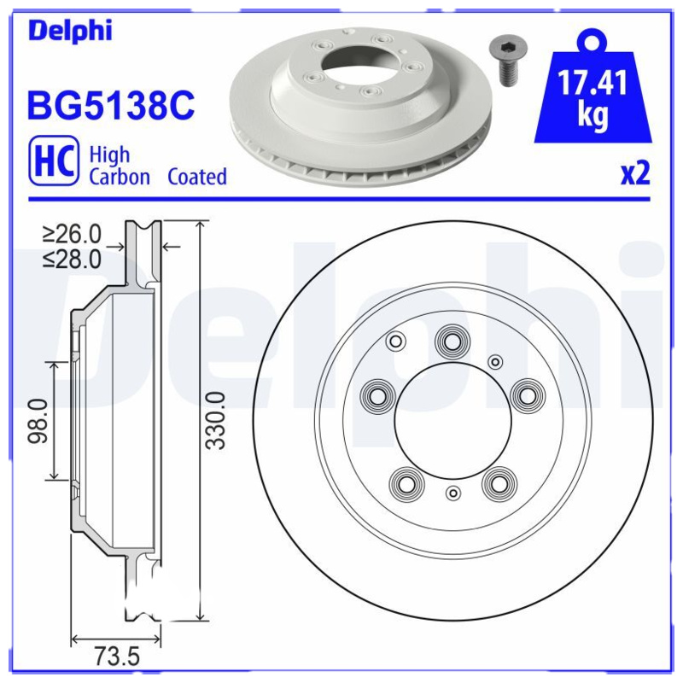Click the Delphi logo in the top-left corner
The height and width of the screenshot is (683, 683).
click(70, 32)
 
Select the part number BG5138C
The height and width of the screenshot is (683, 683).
click(112, 106)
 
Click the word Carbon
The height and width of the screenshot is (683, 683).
click(120, 177)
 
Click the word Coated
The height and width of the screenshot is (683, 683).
click(197, 177)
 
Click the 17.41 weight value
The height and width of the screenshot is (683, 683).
click(593, 84)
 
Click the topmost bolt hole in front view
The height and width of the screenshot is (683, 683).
click(451, 341)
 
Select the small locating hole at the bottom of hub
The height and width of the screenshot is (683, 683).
click(453, 492)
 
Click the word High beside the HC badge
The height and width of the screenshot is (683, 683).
click(110, 155)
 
